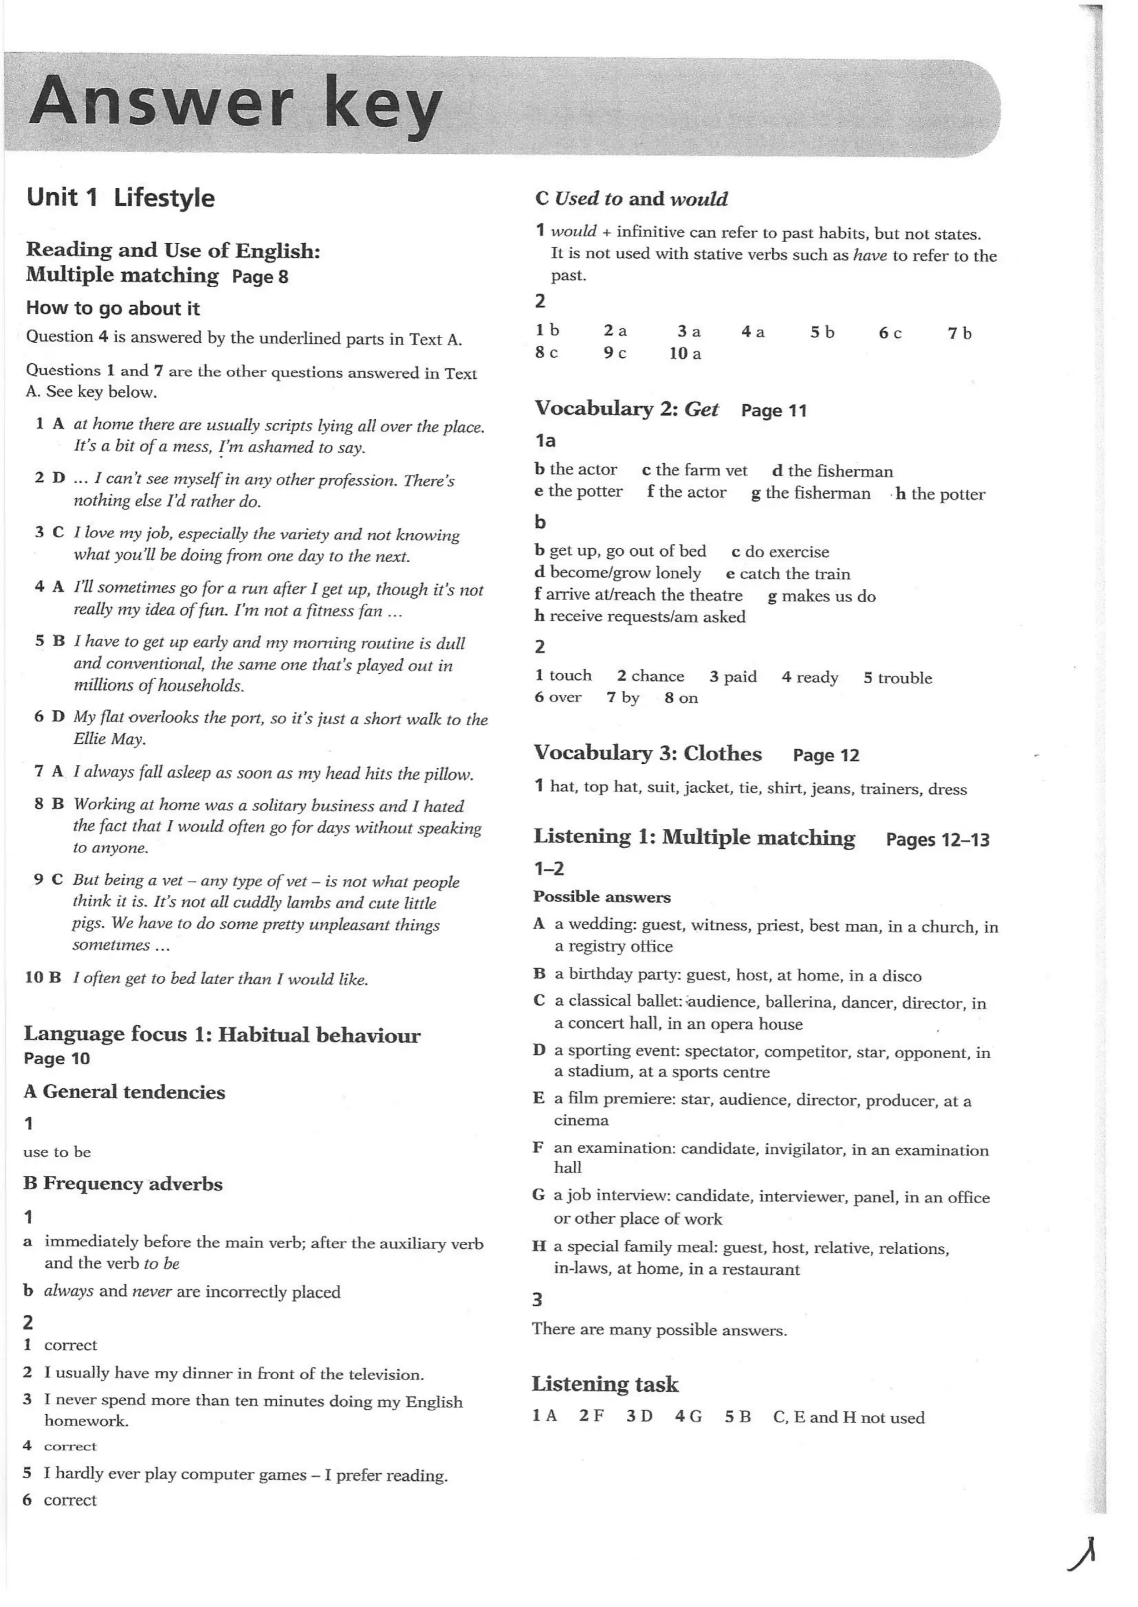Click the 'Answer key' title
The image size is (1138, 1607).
(236, 105)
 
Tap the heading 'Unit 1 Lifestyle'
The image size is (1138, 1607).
(121, 198)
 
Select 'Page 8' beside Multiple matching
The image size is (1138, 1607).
(260, 277)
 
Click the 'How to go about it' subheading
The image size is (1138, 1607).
(113, 308)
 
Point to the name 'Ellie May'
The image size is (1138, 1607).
(108, 739)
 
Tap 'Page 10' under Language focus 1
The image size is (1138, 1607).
(57, 1059)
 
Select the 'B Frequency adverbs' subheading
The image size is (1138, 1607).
(123, 1184)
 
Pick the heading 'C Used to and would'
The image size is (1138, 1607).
(631, 199)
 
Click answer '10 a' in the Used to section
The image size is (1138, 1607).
(685, 354)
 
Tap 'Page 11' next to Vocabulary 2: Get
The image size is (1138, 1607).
(773, 410)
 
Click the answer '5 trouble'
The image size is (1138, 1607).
(897, 678)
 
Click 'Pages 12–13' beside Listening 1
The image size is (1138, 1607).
(937, 839)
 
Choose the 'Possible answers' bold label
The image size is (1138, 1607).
(602, 897)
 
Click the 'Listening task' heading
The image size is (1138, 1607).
(605, 1384)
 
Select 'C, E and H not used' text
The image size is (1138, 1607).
(848, 1418)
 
